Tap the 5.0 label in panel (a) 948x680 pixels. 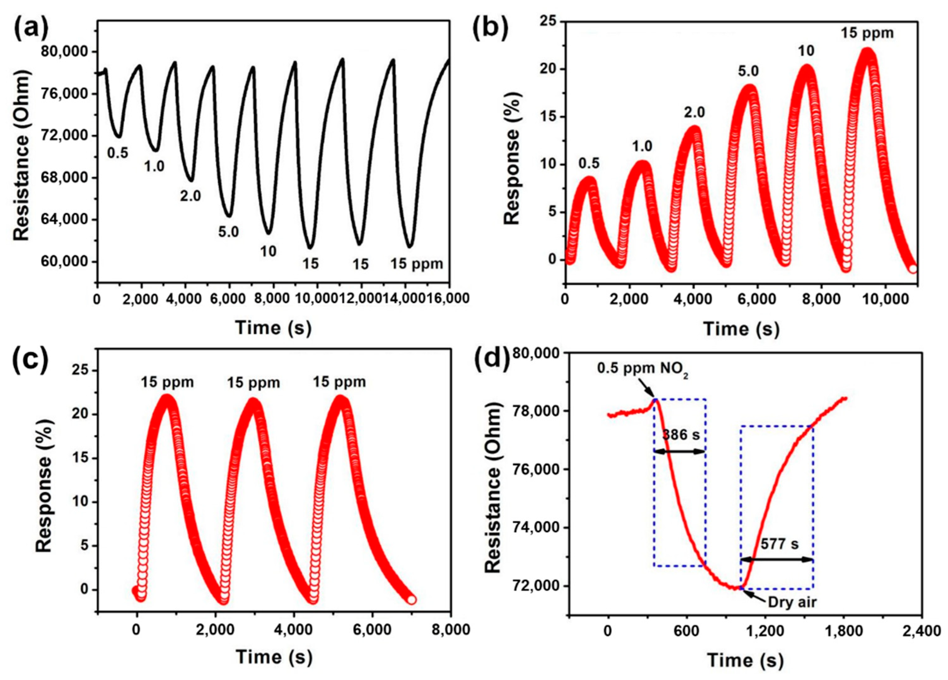228,231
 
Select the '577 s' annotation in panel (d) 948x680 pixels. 779,544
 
